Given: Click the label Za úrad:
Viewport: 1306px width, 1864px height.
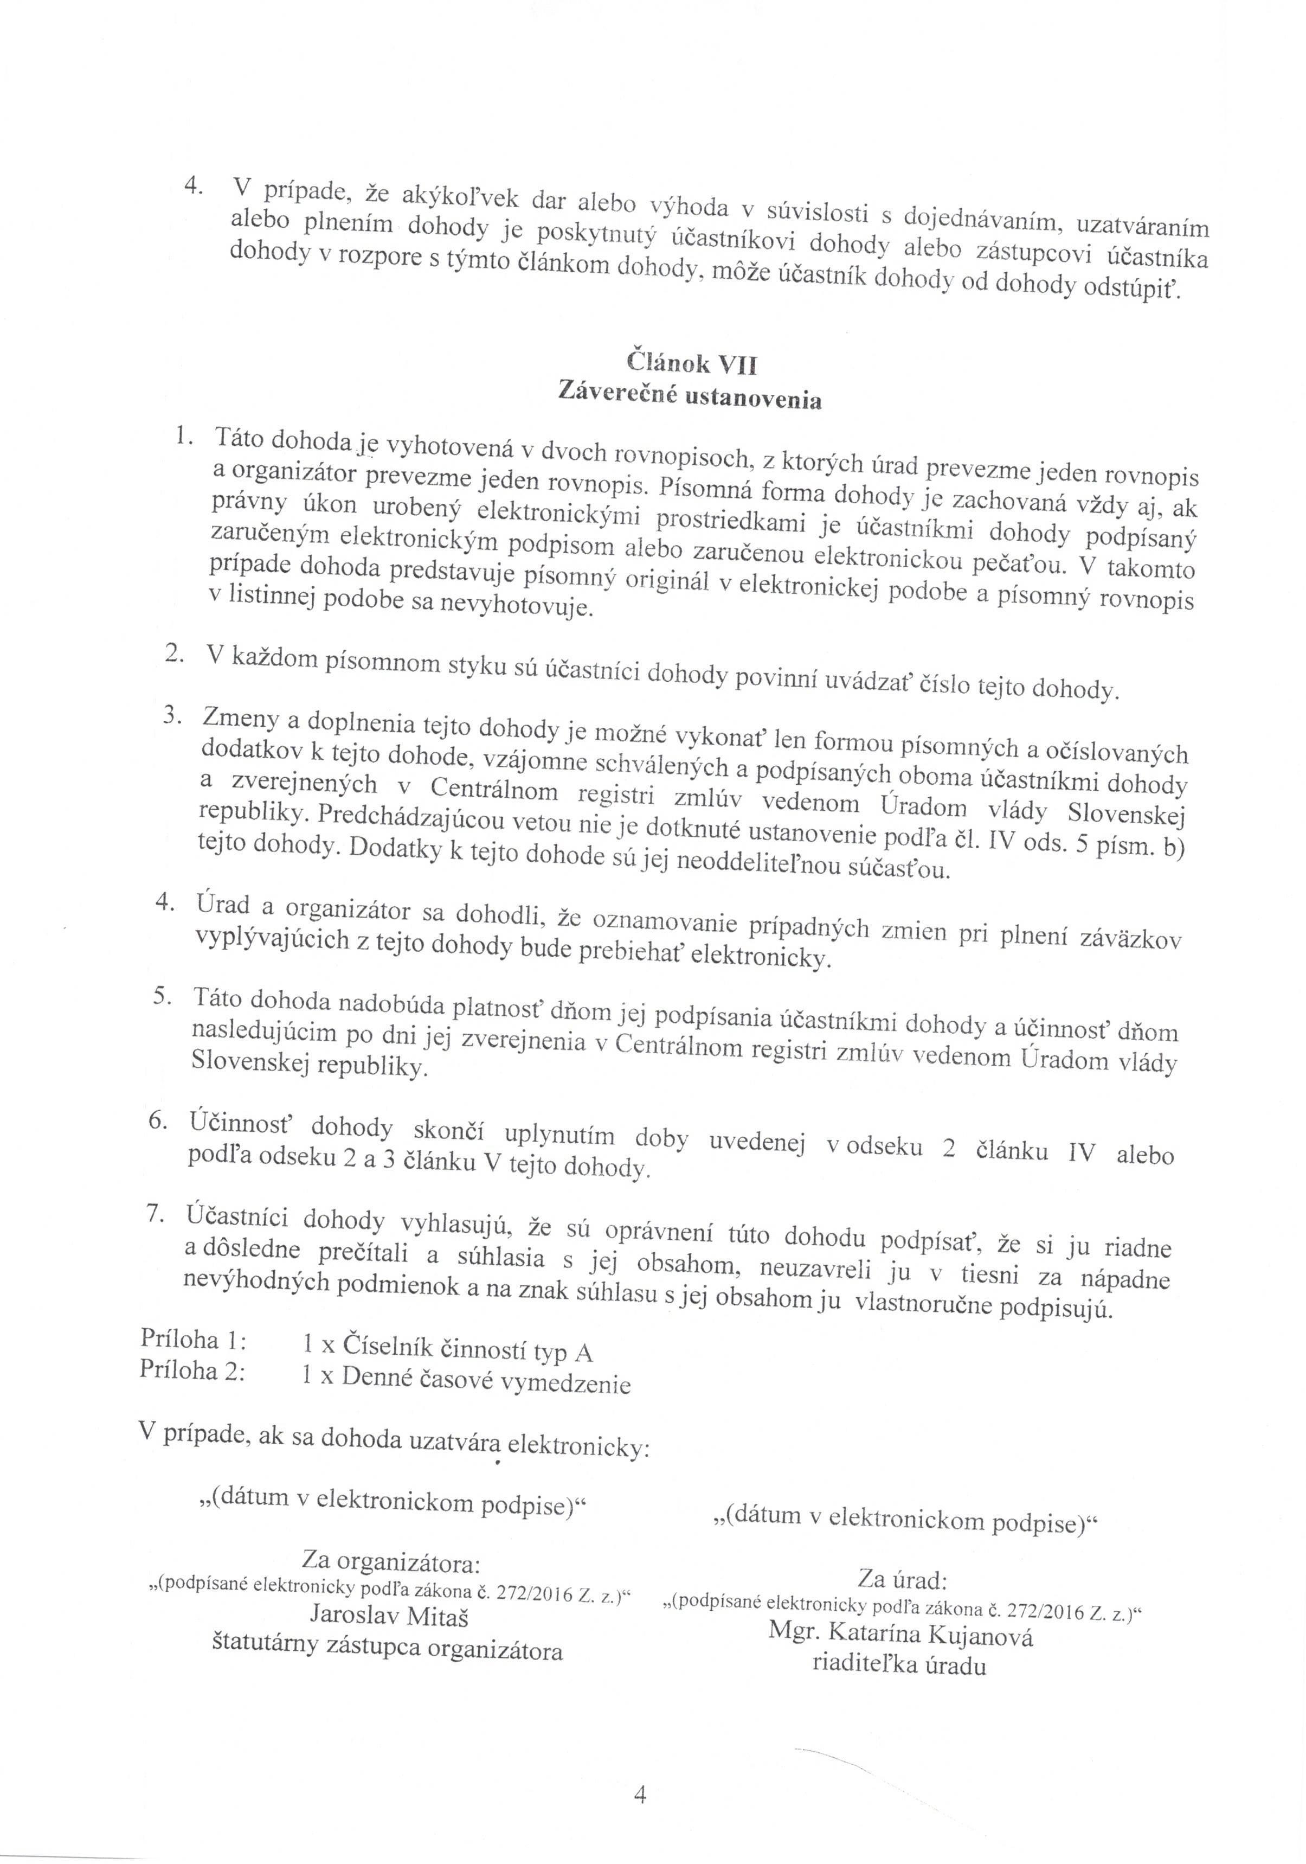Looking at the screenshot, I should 903,1580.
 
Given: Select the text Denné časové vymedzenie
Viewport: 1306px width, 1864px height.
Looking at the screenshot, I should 485,1381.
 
